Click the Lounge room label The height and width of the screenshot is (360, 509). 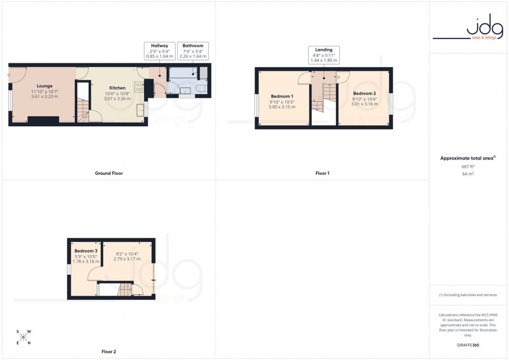pyautogui.click(x=45, y=86)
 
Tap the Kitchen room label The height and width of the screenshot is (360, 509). pyautogui.click(x=117, y=88)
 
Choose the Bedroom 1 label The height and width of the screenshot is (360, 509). pyautogui.click(x=282, y=97)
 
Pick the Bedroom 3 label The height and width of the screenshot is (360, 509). pyautogui.click(x=86, y=251)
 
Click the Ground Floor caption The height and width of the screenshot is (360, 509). pyautogui.click(x=109, y=173)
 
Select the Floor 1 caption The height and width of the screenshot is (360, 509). pyautogui.click(x=322, y=173)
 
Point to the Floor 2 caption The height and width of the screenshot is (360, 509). pyautogui.click(x=109, y=352)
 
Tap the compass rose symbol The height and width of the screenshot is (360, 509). pyautogui.click(x=23, y=337)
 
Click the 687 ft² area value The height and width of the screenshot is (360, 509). pyautogui.click(x=468, y=167)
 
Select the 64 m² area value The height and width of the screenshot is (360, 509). pyautogui.click(x=468, y=174)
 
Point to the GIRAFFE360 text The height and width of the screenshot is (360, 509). pyautogui.click(x=468, y=345)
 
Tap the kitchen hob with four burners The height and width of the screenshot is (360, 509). pyautogui.click(x=140, y=87)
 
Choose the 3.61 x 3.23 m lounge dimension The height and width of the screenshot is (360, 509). pyautogui.click(x=45, y=97)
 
